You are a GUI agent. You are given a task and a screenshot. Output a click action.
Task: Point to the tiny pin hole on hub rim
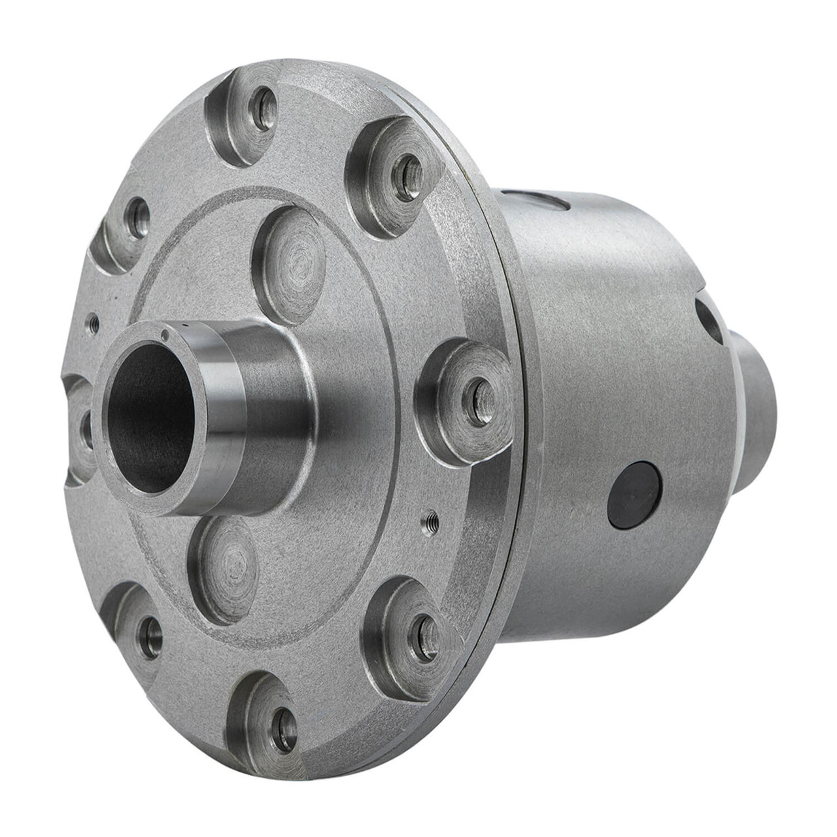[x=165, y=336]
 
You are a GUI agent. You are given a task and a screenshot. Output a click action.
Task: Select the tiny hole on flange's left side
[x=94, y=321]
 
